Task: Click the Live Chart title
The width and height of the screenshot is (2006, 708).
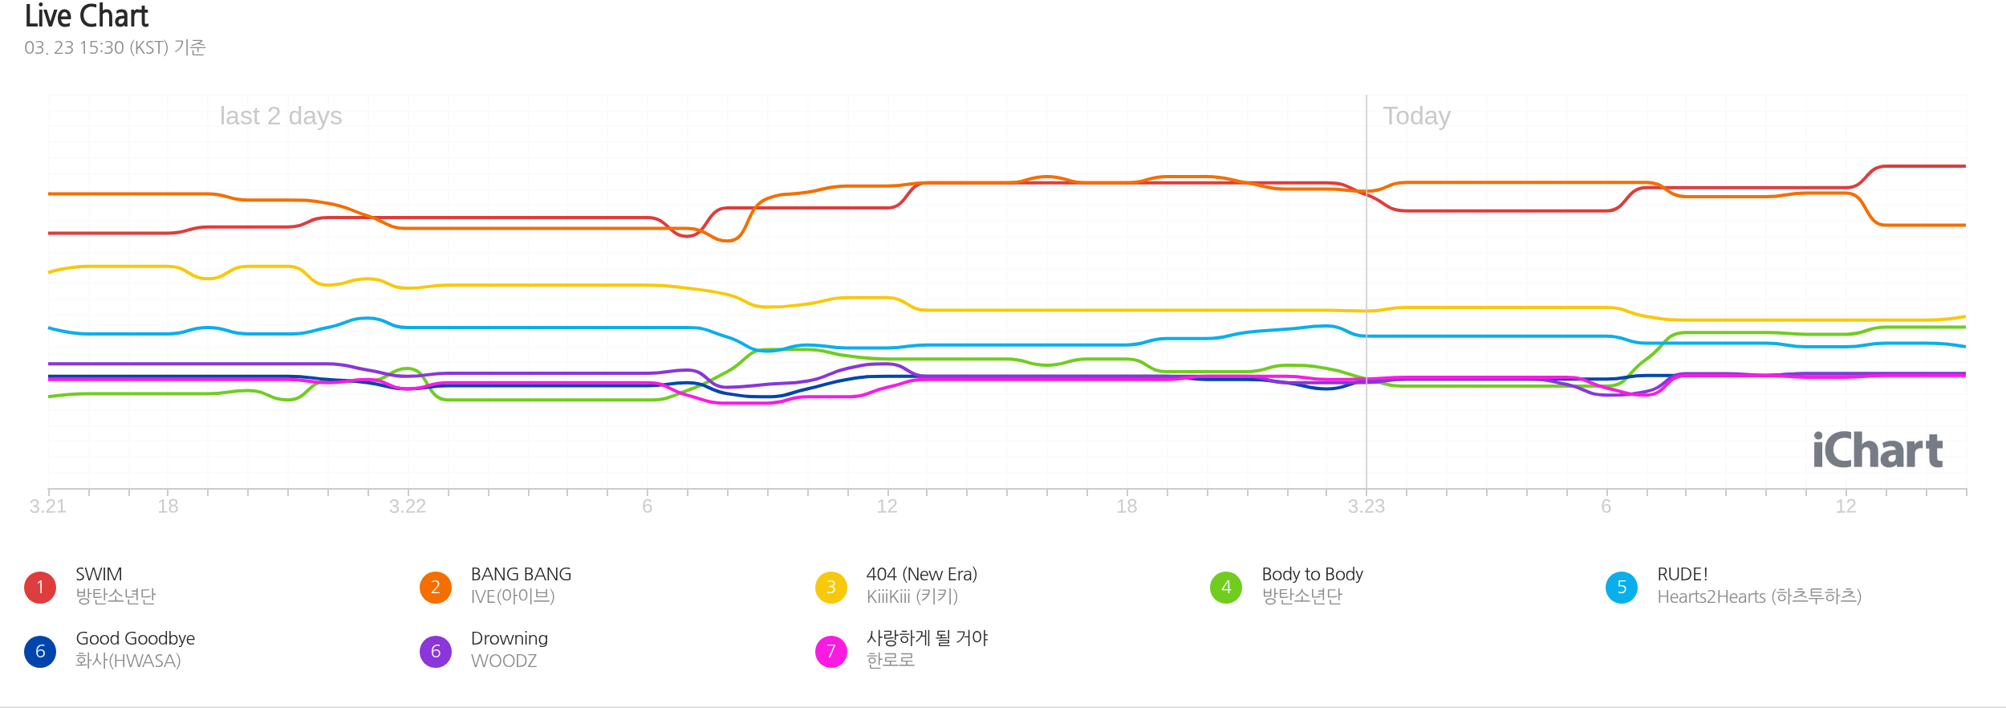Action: click(87, 16)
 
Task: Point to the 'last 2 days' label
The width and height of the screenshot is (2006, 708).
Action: click(281, 116)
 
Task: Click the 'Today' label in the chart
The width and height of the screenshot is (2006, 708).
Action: click(1416, 116)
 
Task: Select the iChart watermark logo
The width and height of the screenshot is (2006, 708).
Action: click(1877, 450)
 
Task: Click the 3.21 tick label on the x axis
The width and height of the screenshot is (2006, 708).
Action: click(48, 507)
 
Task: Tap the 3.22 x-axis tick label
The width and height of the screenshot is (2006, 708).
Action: click(408, 507)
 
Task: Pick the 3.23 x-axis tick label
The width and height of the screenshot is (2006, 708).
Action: click(1366, 507)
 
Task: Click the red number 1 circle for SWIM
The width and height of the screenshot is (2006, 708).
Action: click(40, 588)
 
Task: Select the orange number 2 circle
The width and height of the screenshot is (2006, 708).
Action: click(436, 588)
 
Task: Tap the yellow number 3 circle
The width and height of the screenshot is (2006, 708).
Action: click(831, 588)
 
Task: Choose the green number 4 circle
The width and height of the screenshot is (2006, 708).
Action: click(1226, 588)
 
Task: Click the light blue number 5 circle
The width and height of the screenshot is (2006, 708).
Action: click(1622, 588)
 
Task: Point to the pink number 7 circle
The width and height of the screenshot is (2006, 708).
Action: click(831, 652)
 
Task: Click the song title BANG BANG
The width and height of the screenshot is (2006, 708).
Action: click(521, 575)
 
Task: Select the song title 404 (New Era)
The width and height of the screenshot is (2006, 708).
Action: click(921, 575)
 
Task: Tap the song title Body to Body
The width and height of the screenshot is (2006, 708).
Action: click(1312, 575)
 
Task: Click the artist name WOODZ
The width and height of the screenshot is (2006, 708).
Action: click(504, 661)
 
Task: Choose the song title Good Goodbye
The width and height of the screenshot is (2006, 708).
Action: click(135, 639)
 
